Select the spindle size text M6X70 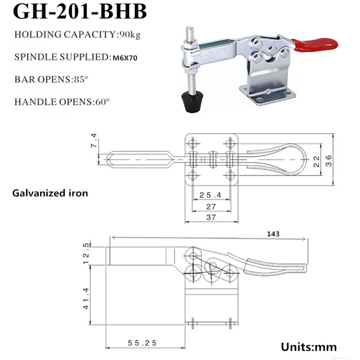[125, 58]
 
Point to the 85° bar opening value [81, 79]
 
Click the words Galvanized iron [50, 193]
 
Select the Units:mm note [309, 347]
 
